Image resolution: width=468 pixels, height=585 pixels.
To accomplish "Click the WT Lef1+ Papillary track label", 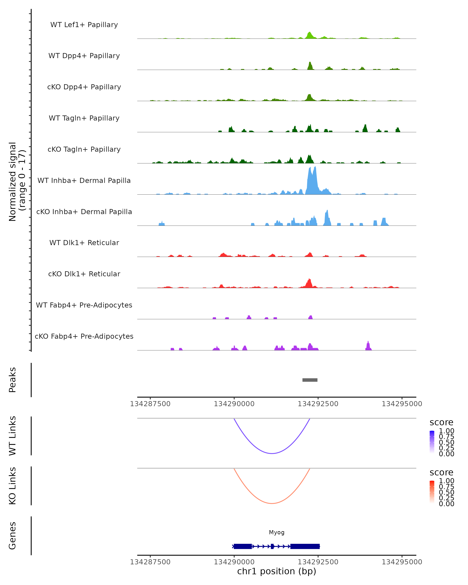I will pos(84,25).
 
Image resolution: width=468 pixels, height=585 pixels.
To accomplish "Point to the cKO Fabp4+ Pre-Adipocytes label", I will pos(84,336).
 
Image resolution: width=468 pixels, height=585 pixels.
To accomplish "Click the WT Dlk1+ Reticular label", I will pos(84,243).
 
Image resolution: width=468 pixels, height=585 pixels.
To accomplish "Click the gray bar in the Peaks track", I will pos(310,380).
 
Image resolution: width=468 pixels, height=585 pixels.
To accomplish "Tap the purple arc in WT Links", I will pos(272,453).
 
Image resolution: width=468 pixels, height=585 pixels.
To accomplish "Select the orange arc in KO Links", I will pos(272,503).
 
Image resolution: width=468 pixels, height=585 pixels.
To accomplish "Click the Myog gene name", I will pos(277,532).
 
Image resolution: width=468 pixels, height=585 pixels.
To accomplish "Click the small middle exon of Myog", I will pos(272,546).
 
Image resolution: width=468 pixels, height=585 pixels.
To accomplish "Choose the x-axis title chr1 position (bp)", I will pos(277,571).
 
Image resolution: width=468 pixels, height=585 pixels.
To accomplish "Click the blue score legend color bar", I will pos(432,442).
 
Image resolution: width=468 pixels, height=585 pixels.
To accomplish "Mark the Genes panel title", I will pos(12,536).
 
